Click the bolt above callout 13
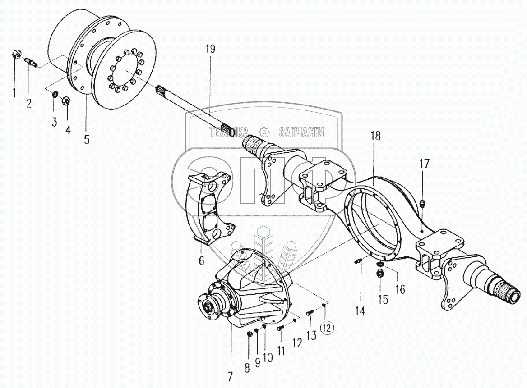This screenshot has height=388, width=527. click(x=310, y=311)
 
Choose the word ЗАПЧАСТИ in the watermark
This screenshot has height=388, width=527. click(x=302, y=131)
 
